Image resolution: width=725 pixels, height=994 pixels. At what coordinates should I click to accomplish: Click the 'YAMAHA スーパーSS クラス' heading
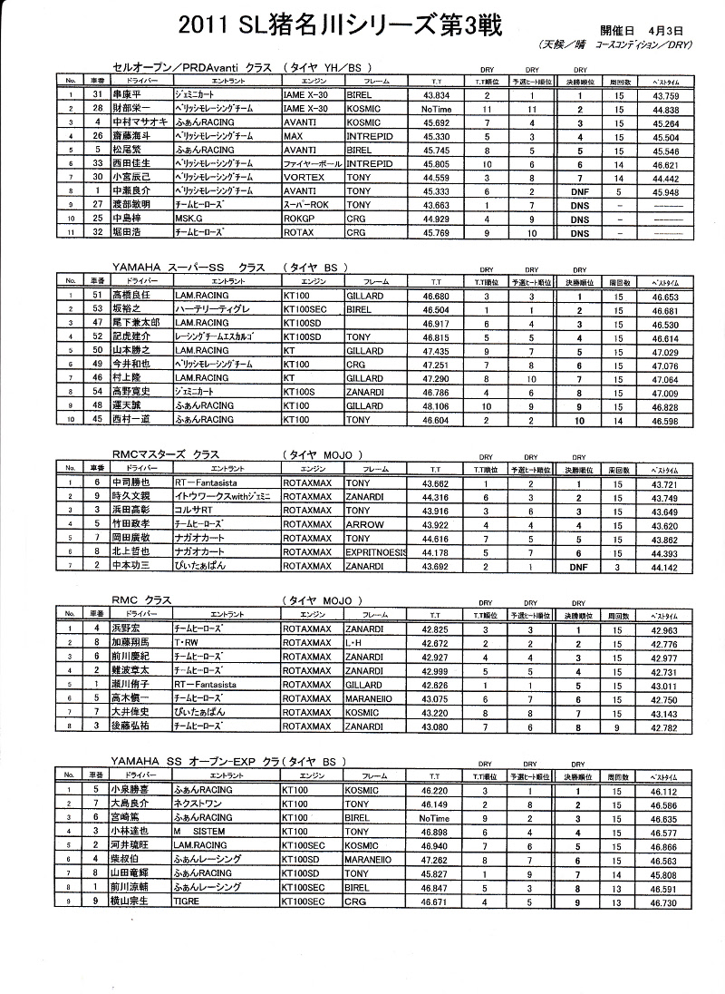pyautogui.click(x=179, y=268)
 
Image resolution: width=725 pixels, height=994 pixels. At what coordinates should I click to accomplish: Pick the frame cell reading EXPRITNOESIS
pyautogui.click(x=378, y=551)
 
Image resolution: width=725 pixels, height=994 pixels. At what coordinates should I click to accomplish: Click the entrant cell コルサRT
pyautogui.click(x=193, y=511)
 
